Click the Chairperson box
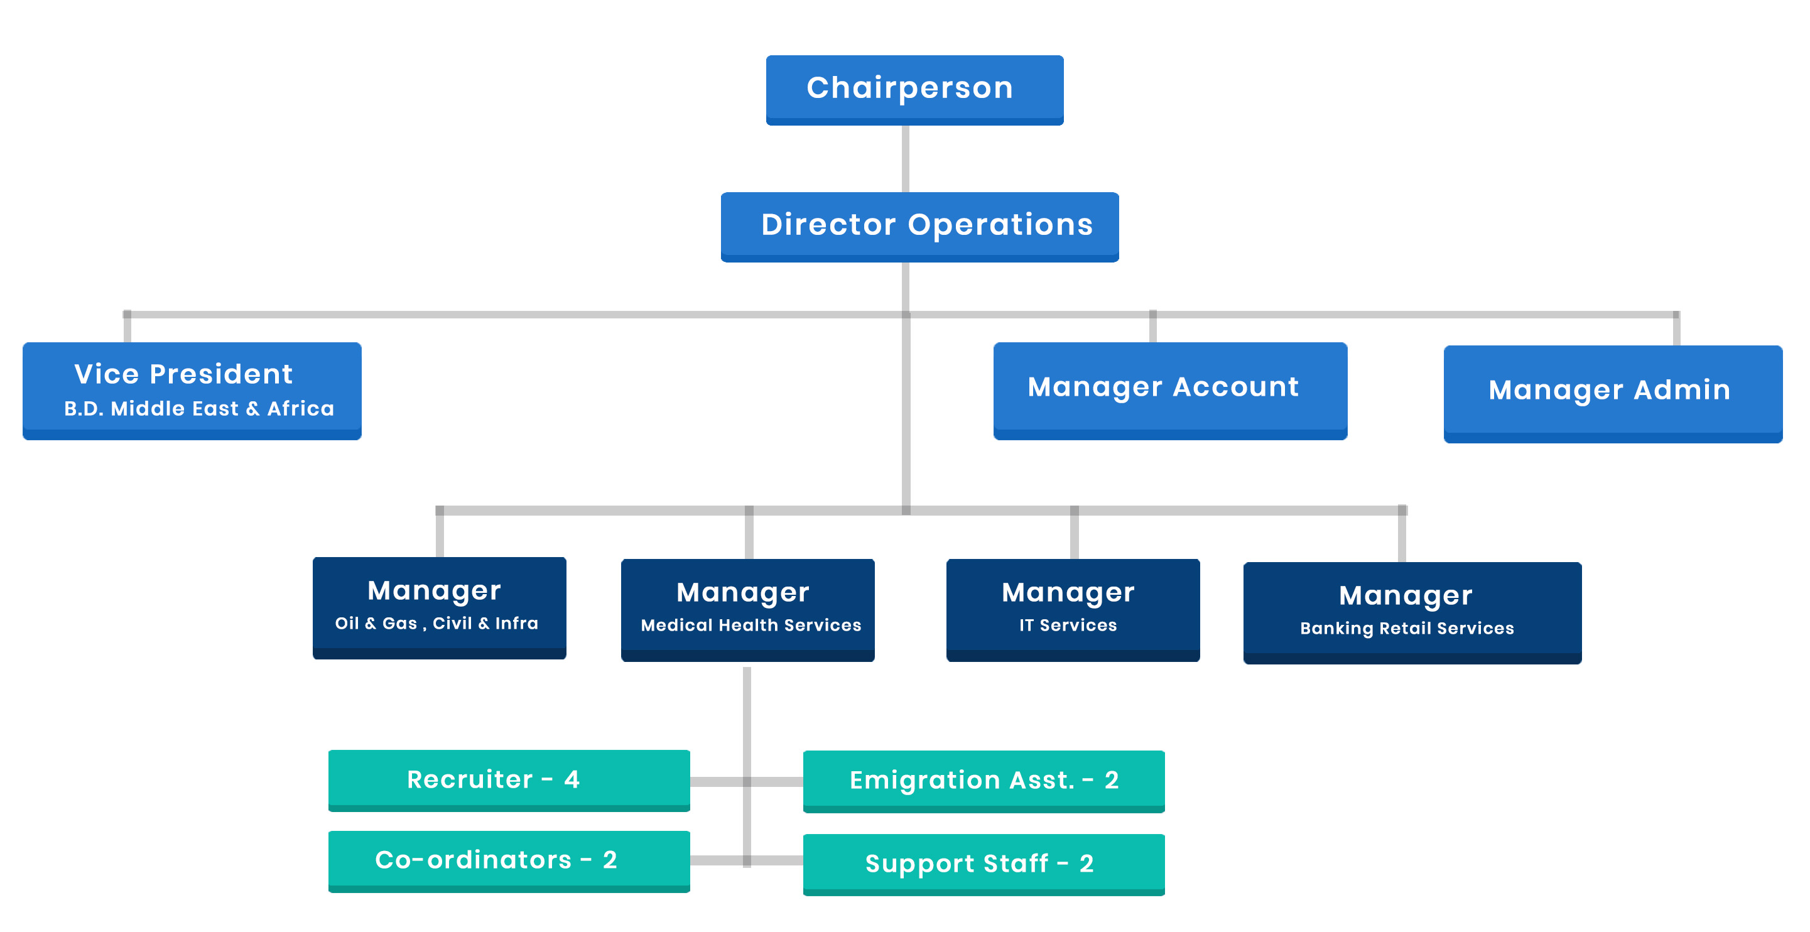pyautogui.click(x=914, y=90)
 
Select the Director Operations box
pyautogui.click(x=919, y=227)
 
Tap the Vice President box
pyautogui.click(x=192, y=391)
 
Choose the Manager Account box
pyautogui.click(x=1170, y=391)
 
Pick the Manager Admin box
pyautogui.click(x=1613, y=394)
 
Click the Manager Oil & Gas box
pyautogui.click(x=439, y=608)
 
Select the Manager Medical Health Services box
pyautogui.click(x=747, y=610)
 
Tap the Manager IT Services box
pyautogui.click(x=1073, y=610)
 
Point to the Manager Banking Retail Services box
pyautogui.click(x=1412, y=613)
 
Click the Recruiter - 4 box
pyautogui.click(x=509, y=780)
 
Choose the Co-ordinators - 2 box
pyautogui.click(x=509, y=861)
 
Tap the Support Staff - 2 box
pyautogui.click(x=984, y=865)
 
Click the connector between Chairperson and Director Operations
pyautogui.click(x=906, y=159)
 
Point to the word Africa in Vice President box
pyautogui.click(x=301, y=408)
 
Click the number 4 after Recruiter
pyautogui.click(x=572, y=779)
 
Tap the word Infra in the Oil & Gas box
pyautogui.click(x=516, y=623)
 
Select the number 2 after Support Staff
pyautogui.click(x=1087, y=863)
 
